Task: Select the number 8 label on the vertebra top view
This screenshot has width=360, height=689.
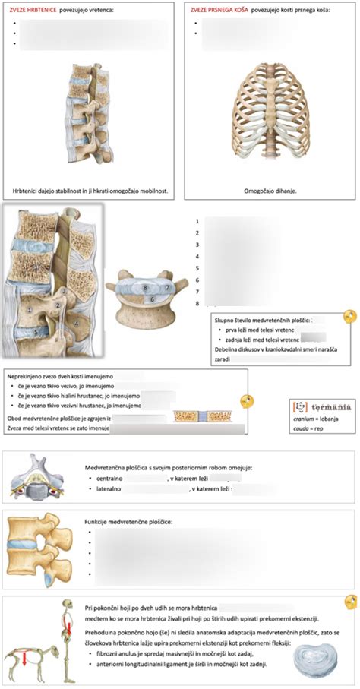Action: tap(145, 289)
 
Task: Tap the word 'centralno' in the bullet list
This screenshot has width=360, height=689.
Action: tap(112, 479)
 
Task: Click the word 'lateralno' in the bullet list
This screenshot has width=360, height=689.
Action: tap(110, 490)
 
